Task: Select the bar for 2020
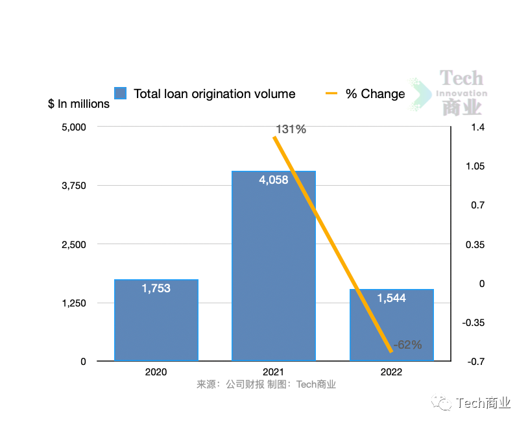[156, 325]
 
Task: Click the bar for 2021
[274, 273]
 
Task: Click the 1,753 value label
[156, 288]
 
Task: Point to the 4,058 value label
[274, 181]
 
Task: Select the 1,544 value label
[392, 298]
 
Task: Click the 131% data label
[291, 129]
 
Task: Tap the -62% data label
[407, 345]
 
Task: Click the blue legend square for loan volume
[120, 94]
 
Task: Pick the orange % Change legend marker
[331, 94]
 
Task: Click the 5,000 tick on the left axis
[73, 127]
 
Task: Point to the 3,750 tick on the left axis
[73, 186]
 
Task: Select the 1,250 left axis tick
[73, 303]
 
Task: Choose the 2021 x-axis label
[274, 372]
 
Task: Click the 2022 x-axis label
[392, 372]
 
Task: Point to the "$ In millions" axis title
[79, 104]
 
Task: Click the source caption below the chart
[267, 384]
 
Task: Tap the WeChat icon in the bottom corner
[445, 404]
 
